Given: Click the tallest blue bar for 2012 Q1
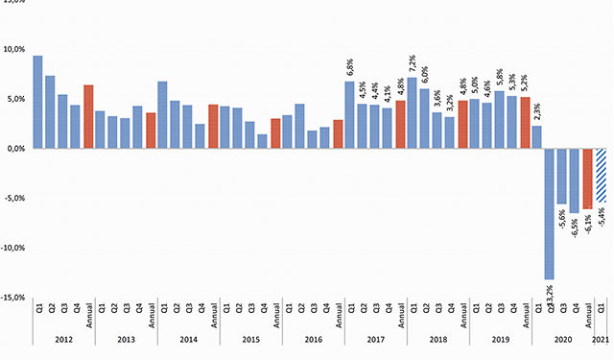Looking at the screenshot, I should point(37,102).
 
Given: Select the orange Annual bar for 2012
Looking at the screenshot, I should point(88,117).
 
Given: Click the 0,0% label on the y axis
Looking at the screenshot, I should point(13,149).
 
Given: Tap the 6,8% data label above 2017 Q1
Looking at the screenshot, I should point(350,68).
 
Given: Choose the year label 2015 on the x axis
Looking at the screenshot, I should point(250,340).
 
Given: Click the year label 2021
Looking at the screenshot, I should point(601,340).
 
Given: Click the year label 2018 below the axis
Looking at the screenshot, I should point(437,340).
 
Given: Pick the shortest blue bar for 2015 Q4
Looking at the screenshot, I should point(263,141).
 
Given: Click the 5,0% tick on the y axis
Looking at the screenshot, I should point(13,99).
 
